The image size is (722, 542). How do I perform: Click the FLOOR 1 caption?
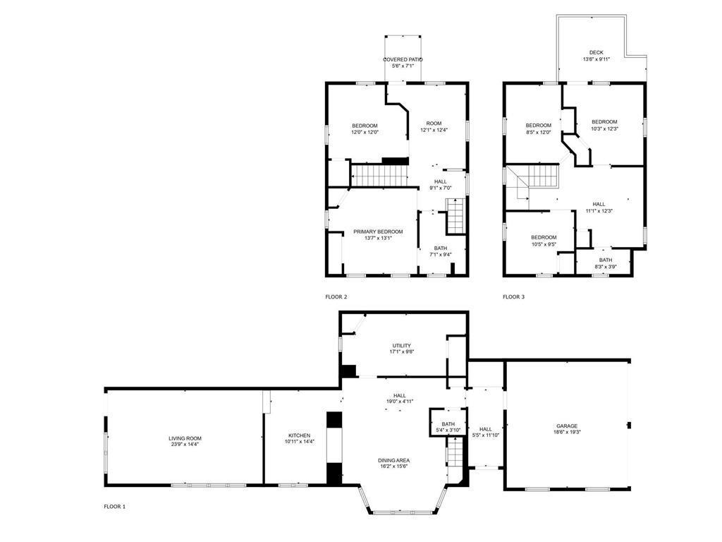[x=115, y=507]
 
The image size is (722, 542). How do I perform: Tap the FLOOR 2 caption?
[x=336, y=297]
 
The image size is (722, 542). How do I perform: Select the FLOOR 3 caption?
[x=513, y=297]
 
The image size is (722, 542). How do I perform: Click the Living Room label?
[x=185, y=438]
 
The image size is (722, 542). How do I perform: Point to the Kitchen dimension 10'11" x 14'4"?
[x=299, y=442]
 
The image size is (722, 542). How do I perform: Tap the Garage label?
[x=566, y=426]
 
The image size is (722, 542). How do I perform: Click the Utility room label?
[x=401, y=346]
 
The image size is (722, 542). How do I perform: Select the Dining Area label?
[x=393, y=460]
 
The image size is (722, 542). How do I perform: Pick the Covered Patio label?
[x=403, y=59]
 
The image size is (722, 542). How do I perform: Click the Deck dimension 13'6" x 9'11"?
[x=596, y=59]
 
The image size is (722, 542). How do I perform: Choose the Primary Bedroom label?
[x=378, y=231]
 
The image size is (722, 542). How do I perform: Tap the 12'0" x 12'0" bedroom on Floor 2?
[x=365, y=129]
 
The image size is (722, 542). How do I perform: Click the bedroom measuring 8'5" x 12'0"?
[x=538, y=128]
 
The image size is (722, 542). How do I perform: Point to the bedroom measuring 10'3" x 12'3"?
[x=604, y=126]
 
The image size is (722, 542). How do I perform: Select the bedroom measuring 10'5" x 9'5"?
[x=544, y=241]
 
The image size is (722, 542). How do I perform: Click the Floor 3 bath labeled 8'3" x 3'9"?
[x=606, y=263]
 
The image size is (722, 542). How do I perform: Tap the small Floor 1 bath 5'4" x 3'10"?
[x=448, y=427]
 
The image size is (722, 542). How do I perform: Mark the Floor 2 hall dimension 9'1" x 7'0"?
[x=441, y=188]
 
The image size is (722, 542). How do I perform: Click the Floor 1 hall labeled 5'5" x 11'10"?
[x=486, y=432]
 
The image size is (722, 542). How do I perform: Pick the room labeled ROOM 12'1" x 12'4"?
[x=434, y=127]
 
